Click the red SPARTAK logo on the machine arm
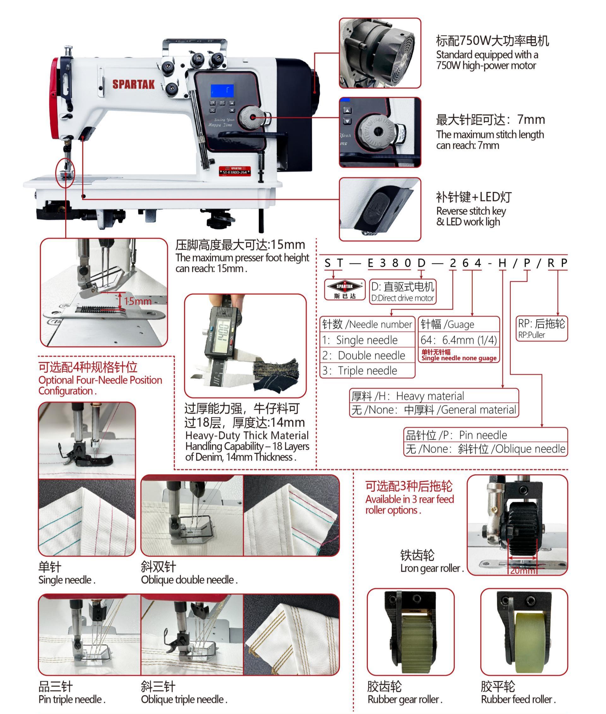pyautogui.click(x=134, y=84)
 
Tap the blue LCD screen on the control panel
pyautogui.click(x=222, y=90)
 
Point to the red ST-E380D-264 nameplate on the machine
pyautogui.click(x=235, y=171)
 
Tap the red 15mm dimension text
pyautogui.click(x=137, y=301)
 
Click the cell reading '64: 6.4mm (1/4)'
pyautogui.click(x=459, y=340)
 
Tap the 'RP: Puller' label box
pyautogui.click(x=541, y=328)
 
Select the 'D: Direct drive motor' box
pyautogui.click(x=403, y=292)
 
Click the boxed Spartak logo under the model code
pyautogui.click(x=345, y=289)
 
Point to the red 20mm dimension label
pyautogui.click(x=522, y=570)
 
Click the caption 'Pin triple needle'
pyautogui.click(x=72, y=699)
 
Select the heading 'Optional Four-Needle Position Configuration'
pyautogui.click(x=100, y=385)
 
